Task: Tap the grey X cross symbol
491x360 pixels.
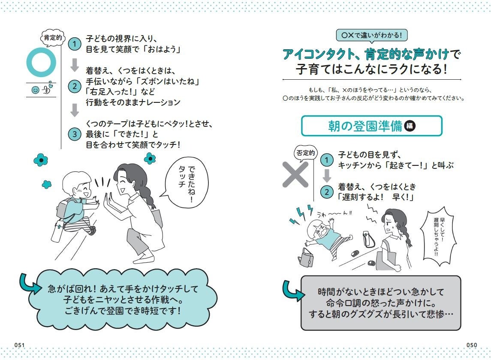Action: (295, 174)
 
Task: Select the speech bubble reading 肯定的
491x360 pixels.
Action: (53, 38)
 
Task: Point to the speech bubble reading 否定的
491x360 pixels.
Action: (305, 153)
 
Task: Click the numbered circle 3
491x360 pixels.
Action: (75, 134)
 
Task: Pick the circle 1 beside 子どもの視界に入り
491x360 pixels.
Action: (75, 44)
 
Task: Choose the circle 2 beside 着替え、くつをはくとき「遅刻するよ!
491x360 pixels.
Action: (327, 192)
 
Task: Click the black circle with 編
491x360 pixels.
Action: (410, 126)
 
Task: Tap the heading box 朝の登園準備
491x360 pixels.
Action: (372, 126)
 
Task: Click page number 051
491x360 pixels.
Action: (19, 345)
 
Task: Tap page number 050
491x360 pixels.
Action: (472, 345)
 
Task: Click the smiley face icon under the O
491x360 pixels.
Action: (36, 90)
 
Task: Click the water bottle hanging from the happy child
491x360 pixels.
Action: (57, 231)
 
